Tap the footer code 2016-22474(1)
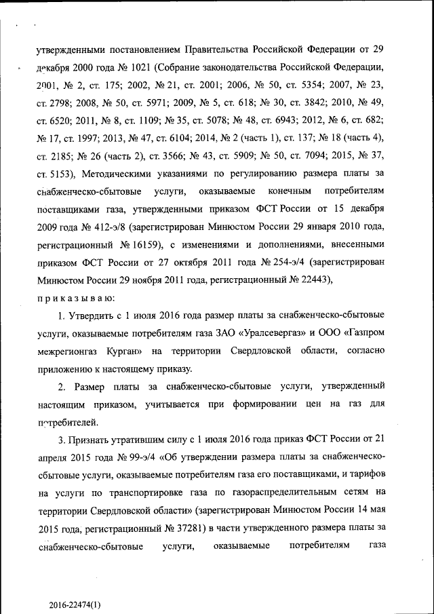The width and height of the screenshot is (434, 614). coord(77,604)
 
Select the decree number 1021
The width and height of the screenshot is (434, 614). coord(142,69)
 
